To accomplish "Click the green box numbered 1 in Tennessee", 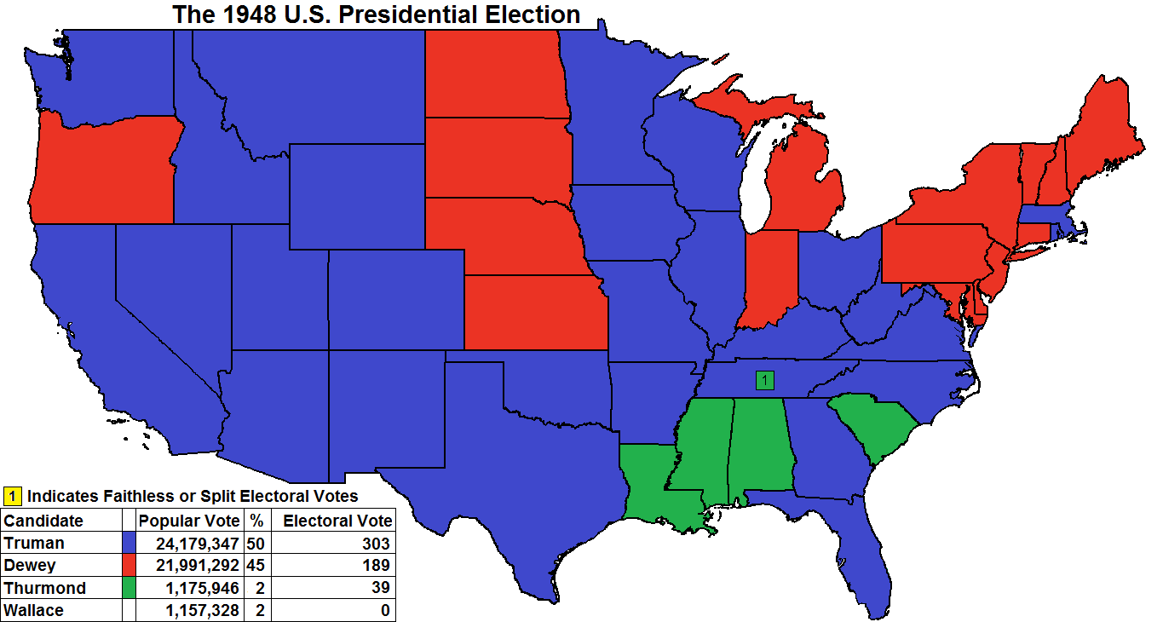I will point(765,380).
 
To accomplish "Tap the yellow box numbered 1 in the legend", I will point(13,495).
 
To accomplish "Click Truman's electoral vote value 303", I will point(374,544).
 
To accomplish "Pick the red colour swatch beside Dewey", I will point(130,566).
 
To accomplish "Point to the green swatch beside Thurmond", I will point(130,588).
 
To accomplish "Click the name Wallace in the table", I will point(34,610).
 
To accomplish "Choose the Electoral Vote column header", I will point(337,521).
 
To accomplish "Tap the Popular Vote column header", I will point(189,521).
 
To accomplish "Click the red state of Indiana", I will point(770,277).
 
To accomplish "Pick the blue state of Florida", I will point(869,545).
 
